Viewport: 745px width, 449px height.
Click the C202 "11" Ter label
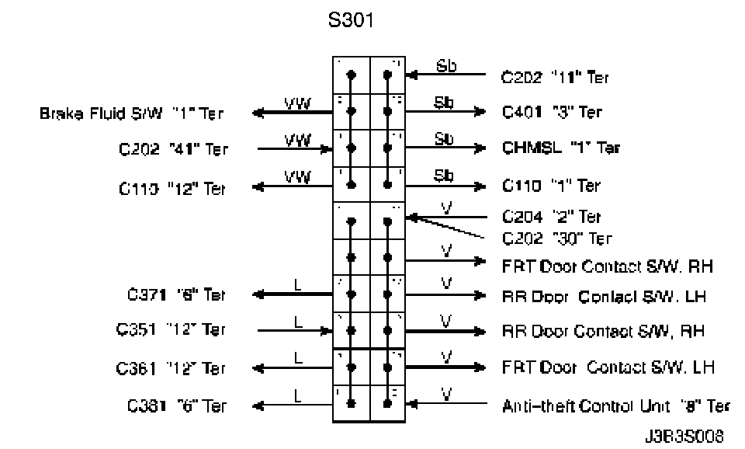pyautogui.click(x=555, y=77)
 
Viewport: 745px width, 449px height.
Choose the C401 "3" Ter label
pyautogui.click(x=552, y=113)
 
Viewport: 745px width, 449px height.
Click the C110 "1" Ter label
pyautogui.click(x=551, y=186)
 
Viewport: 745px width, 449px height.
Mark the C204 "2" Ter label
pyautogui.click(x=551, y=217)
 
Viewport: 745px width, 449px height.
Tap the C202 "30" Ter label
pyautogui.click(x=556, y=238)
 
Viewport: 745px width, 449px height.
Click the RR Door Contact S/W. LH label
pyautogui.click(x=603, y=296)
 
